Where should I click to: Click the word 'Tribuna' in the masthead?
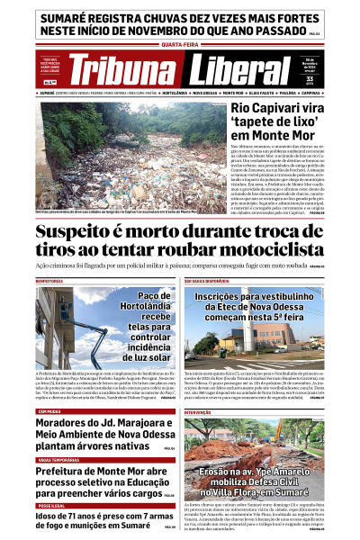coord(125,72)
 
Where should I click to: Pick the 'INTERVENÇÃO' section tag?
coord(198,411)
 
